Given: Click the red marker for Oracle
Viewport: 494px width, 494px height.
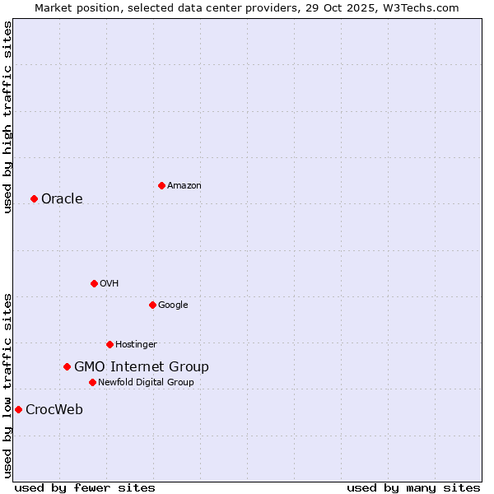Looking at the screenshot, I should coord(34,198).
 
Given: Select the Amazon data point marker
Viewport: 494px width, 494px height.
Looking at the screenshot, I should coord(161,185).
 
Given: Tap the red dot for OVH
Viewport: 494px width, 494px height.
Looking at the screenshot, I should coord(94,283).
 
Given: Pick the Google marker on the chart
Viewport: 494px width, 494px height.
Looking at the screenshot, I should coord(152,305).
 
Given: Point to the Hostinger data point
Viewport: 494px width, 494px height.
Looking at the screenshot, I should coord(110,344).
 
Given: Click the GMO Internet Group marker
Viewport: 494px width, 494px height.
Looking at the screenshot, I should coord(67,366).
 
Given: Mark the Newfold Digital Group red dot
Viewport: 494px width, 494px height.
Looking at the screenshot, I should coord(92,382).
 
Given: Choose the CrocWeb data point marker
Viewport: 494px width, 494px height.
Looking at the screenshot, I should coord(18,409).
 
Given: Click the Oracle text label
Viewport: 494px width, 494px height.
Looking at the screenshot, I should coord(62,198).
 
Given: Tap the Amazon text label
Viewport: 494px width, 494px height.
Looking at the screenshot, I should coord(184,185).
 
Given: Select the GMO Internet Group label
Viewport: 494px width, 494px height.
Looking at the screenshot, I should coord(141,366).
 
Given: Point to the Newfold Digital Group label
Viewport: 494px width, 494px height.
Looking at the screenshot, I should coord(146,382).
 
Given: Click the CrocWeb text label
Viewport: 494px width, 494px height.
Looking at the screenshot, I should coord(54,409).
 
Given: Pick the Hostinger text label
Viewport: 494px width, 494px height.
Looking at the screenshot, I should coord(136,344).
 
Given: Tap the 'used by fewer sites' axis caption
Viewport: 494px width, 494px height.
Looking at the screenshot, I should coord(85,487).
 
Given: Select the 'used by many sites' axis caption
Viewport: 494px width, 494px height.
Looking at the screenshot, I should coord(413,487).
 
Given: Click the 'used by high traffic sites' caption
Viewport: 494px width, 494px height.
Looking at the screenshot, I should coord(7,116).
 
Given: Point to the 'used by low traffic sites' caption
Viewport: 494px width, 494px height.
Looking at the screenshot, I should coord(7,384).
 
